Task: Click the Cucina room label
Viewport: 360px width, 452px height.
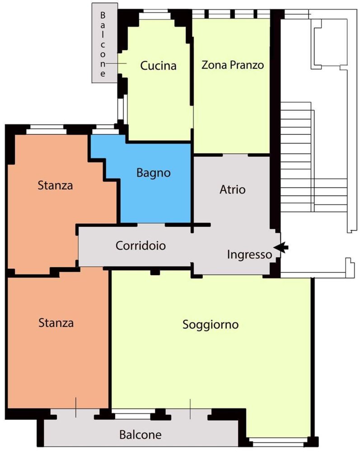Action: coord(158,66)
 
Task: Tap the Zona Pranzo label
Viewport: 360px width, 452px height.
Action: coord(232,65)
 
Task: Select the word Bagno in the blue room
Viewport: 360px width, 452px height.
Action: coord(154,173)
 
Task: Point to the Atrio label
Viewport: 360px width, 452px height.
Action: coord(233,189)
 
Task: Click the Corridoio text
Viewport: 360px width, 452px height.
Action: coord(140,246)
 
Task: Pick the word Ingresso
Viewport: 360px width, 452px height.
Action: coord(249,254)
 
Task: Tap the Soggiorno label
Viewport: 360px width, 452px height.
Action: coord(210,325)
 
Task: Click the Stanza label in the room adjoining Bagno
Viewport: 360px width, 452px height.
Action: coord(55,185)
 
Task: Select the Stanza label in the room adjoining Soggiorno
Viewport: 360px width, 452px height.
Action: coord(56,323)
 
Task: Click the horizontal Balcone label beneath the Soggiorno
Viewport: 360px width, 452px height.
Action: coord(140,435)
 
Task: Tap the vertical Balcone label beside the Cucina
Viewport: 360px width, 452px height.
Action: coord(103,44)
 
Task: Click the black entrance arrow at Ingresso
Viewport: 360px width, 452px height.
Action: coord(281,247)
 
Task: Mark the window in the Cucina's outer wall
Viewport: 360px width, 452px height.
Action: coord(154,16)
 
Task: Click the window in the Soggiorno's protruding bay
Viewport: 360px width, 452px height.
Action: coord(277,441)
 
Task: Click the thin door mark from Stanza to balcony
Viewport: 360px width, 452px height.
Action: coord(76,407)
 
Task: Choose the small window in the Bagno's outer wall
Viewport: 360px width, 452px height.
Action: coord(105,130)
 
